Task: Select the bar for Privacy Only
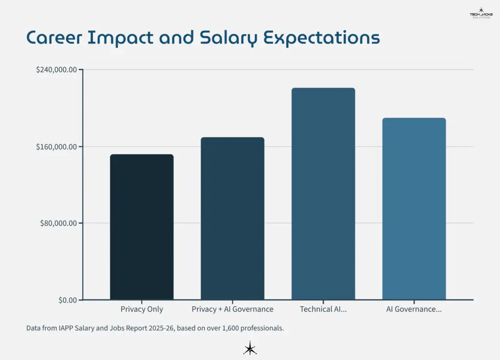142,227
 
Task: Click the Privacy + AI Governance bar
232,219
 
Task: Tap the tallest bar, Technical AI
323,194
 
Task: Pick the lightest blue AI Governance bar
414,209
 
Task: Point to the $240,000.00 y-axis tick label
57,70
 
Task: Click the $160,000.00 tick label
57,147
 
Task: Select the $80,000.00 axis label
59,223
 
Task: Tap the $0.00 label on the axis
67,300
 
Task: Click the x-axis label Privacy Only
142,309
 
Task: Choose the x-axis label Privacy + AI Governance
232,309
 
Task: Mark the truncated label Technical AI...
323,309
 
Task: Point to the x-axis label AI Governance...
414,309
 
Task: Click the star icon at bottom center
250,348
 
